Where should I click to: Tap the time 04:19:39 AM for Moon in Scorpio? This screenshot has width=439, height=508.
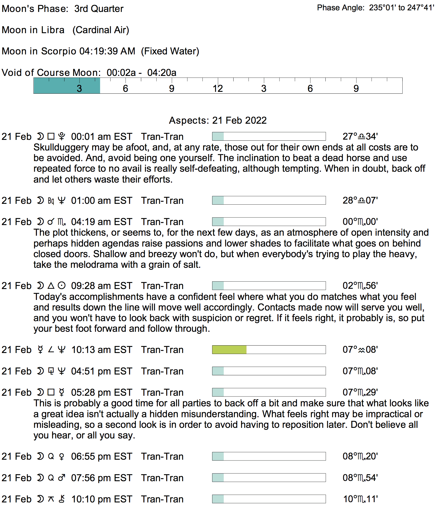107,51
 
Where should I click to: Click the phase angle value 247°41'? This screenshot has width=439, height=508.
421,8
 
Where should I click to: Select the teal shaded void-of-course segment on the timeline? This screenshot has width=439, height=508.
67,86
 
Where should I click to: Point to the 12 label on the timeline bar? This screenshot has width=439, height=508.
218,89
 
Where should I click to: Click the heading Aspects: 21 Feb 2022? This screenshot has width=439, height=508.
218,120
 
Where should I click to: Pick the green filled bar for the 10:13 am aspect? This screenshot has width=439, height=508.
229,350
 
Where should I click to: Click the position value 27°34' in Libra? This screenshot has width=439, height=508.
360,137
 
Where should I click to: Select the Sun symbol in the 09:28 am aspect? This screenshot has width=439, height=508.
62,286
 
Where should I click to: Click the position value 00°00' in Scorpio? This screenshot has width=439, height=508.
360,222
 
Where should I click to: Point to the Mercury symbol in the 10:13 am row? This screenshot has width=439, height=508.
40,350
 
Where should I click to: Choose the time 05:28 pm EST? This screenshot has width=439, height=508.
101,393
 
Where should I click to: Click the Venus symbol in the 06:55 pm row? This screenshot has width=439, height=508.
62,457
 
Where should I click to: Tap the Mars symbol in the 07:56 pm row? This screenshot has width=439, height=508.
62,478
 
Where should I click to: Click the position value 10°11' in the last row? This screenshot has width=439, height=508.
360,499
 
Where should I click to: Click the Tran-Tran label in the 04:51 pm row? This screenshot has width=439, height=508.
162,371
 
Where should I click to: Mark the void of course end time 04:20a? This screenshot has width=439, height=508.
162,73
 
